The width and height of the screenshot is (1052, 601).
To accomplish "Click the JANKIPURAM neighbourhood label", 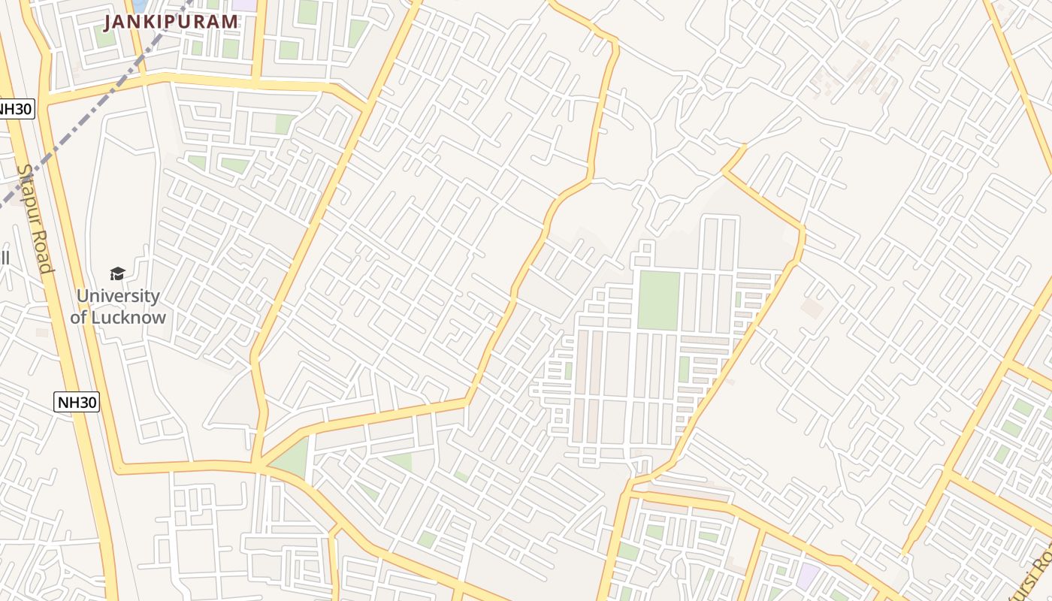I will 171,22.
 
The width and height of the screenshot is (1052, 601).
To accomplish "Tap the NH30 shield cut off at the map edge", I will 15,109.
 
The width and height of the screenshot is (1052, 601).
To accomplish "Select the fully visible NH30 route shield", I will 77,402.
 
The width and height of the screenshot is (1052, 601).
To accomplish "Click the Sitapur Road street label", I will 35,217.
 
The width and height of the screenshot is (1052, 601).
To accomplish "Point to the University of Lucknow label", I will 118,307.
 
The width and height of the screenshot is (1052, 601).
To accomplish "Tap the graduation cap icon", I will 117,273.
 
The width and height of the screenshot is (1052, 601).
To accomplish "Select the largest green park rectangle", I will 658,300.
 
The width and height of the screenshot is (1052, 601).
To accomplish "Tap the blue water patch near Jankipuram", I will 141,6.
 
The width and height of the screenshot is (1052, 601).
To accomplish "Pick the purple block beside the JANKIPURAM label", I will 244,5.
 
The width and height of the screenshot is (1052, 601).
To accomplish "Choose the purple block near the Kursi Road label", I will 808,577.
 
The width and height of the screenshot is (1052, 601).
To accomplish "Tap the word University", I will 118,296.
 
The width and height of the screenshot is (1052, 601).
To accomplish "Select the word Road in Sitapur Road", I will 42,252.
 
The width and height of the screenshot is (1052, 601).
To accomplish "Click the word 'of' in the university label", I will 79,317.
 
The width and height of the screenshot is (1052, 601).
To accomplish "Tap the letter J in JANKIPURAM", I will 108,22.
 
